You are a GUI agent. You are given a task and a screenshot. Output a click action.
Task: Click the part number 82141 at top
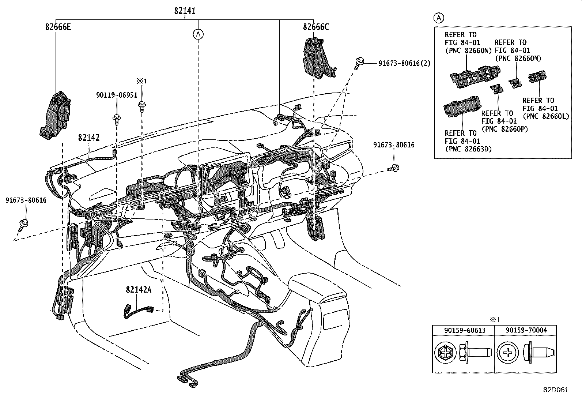click(x=185, y=11)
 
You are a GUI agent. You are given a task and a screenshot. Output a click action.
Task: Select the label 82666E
click(x=58, y=27)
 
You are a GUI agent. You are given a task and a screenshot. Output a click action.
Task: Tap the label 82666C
click(x=315, y=27)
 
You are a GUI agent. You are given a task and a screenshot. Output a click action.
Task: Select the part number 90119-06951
click(x=117, y=95)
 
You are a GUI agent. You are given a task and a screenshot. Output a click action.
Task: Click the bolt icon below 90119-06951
click(x=117, y=119)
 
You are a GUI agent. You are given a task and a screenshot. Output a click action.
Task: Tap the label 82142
click(x=88, y=138)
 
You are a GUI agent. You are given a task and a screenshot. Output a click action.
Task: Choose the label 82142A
click(x=138, y=289)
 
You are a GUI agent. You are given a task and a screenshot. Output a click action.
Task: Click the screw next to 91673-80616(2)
click(x=359, y=63)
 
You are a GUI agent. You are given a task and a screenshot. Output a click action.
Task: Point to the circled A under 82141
click(x=198, y=34)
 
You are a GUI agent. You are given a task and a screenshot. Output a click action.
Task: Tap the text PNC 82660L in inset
click(x=546, y=116)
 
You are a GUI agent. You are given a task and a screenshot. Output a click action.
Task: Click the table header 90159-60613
click(x=464, y=330)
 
